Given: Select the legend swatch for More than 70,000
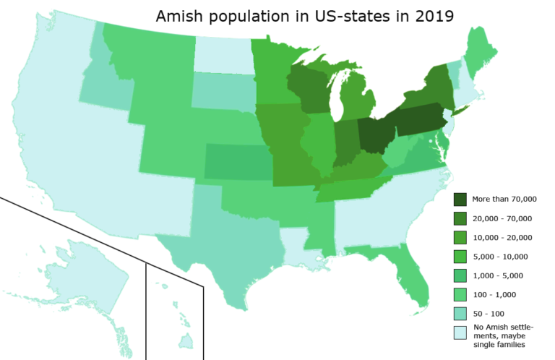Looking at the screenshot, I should [x=460, y=199].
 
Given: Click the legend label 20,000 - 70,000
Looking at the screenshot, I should [x=502, y=218].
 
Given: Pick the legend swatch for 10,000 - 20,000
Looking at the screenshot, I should [x=460, y=237].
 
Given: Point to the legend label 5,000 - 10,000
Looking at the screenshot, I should [x=500, y=257].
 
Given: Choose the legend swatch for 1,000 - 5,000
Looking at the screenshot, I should [x=460, y=275].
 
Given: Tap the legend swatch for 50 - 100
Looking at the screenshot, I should [x=460, y=314].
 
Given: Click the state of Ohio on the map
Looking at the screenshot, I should [x=373, y=134].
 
